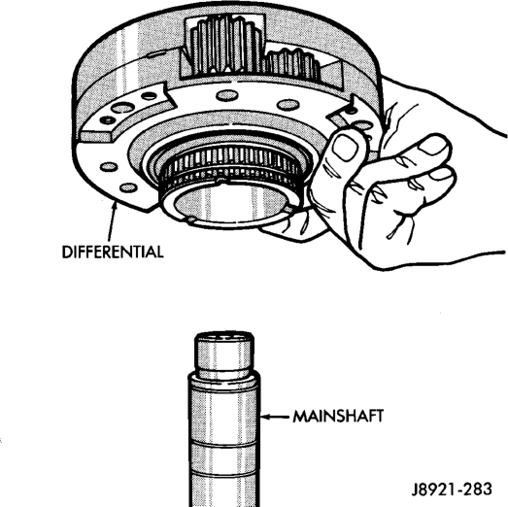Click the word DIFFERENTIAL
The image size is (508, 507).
[x=113, y=252]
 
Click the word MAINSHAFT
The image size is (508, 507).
[x=338, y=416]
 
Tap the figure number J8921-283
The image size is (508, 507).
[x=452, y=490]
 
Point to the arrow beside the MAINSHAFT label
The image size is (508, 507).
[x=275, y=417]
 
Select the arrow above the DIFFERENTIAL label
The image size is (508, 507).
[x=112, y=220]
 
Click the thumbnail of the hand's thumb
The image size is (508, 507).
[x=345, y=148]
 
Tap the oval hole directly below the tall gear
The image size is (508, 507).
[x=227, y=95]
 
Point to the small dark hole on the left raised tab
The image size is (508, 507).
[x=149, y=96]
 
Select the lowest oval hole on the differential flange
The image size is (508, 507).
[x=128, y=187]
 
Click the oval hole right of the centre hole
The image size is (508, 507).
[x=288, y=104]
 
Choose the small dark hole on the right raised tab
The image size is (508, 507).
[x=351, y=111]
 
